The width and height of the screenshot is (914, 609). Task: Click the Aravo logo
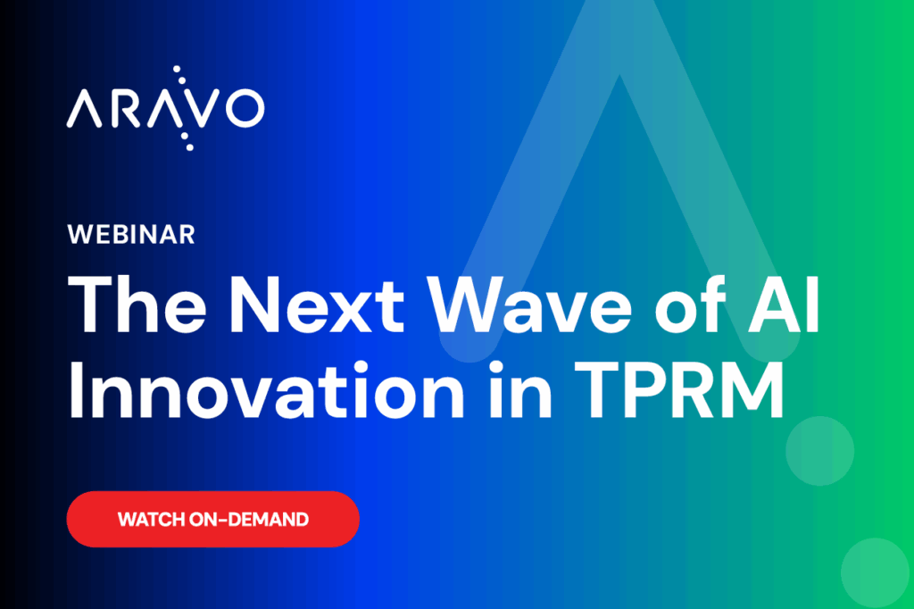pos(165,108)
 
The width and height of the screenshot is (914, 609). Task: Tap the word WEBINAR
pos(131,236)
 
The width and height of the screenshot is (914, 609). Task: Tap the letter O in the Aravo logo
pos(242,108)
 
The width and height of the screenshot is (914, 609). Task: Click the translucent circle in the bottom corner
pos(876,573)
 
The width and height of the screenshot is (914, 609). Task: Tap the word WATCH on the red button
pos(151,519)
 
